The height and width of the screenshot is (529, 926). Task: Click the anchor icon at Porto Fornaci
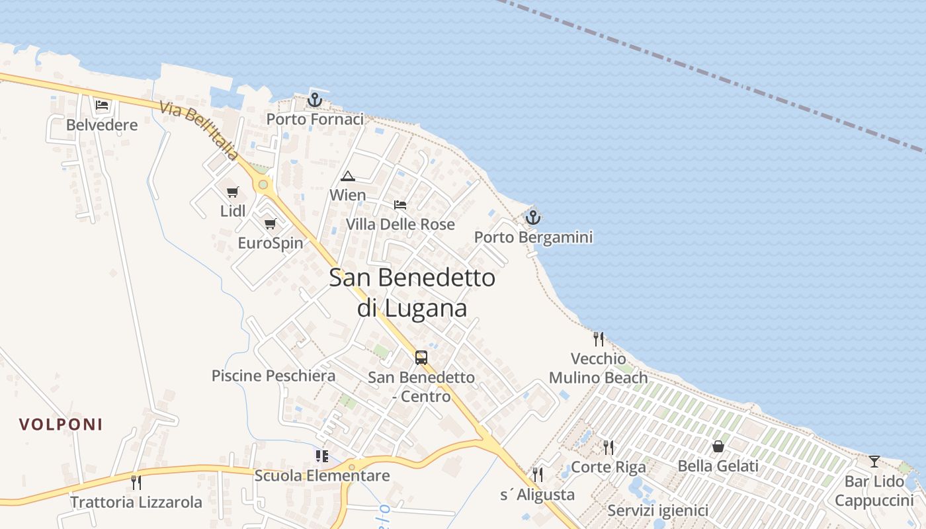(x=315, y=100)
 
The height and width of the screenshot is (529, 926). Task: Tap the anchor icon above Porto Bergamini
(x=533, y=217)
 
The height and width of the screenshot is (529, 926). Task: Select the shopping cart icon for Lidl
(x=232, y=192)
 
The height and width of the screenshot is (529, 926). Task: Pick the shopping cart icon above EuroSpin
(x=270, y=224)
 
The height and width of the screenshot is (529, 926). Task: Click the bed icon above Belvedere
(x=102, y=105)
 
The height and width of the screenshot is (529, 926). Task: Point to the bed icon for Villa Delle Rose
(x=400, y=205)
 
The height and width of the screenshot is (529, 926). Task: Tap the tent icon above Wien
(x=348, y=176)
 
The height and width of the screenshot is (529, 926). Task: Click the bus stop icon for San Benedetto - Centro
(x=421, y=358)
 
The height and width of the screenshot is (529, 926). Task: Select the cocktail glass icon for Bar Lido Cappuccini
(x=874, y=462)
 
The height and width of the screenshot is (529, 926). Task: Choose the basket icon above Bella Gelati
(x=718, y=447)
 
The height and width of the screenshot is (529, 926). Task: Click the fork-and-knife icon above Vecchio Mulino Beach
(x=599, y=339)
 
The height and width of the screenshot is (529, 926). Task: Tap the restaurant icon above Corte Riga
(x=609, y=448)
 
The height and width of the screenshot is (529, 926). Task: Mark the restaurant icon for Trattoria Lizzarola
(x=136, y=482)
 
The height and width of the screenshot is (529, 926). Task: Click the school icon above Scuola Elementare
(x=322, y=456)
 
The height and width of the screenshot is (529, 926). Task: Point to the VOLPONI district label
(x=61, y=425)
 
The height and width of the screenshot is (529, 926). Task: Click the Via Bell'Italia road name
(x=198, y=131)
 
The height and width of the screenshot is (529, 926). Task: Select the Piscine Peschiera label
(x=273, y=376)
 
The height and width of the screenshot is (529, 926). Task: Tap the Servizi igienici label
(x=657, y=510)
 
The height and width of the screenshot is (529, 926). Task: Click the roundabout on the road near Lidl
(x=264, y=184)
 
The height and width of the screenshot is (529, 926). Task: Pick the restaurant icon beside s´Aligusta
(x=538, y=474)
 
